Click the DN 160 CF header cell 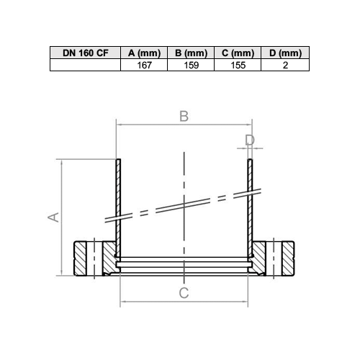click(x=85, y=53)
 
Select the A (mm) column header click(x=144, y=53)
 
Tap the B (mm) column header click(x=191, y=53)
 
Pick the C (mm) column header click(x=238, y=53)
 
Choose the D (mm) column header click(x=285, y=53)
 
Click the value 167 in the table click(x=144, y=66)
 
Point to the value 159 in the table click(x=192, y=66)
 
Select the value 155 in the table click(x=238, y=66)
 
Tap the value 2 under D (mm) click(x=285, y=66)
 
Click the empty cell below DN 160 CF click(x=85, y=65)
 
